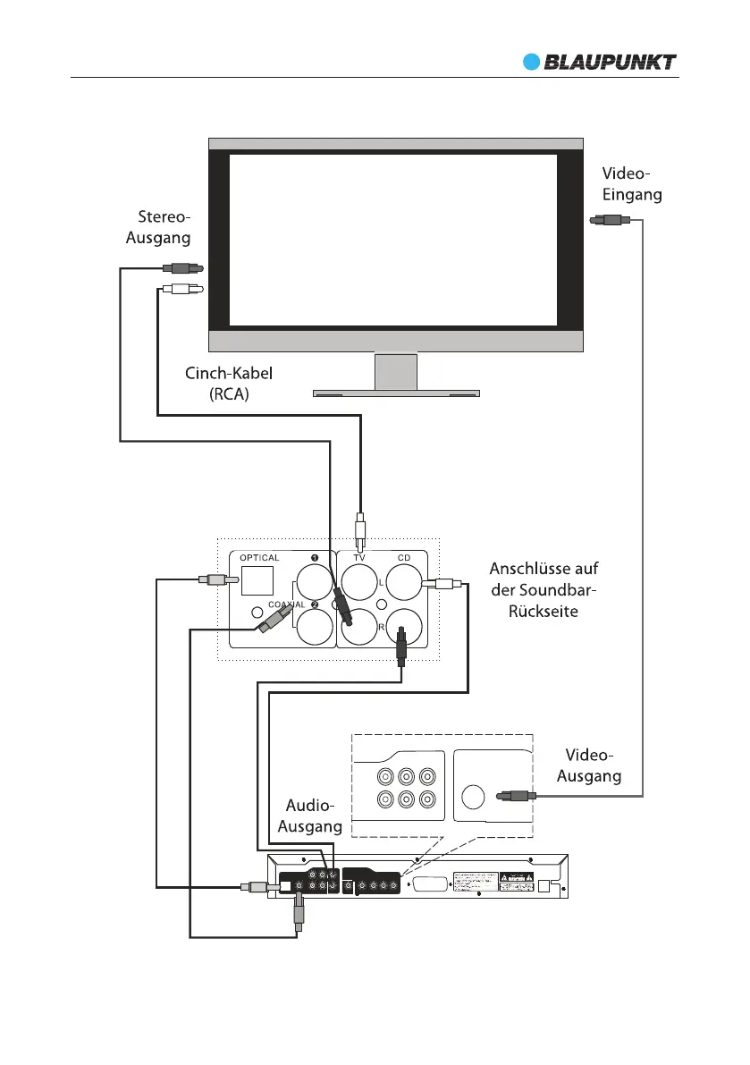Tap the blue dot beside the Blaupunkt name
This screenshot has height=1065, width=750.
pos(533,62)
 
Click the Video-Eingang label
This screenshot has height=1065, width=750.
pos(631,183)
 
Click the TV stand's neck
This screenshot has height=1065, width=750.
pos(396,371)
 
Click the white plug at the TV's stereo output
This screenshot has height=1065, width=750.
pos(181,289)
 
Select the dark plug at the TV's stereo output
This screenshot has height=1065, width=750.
pos(181,266)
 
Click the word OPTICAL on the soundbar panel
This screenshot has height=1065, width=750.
pos(259,558)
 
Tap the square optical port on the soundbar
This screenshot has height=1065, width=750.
pos(257,581)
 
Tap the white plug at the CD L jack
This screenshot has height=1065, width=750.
pos(441,584)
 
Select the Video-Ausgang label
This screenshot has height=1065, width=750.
pos(589,766)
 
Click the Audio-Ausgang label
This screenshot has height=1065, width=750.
pos(310,816)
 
